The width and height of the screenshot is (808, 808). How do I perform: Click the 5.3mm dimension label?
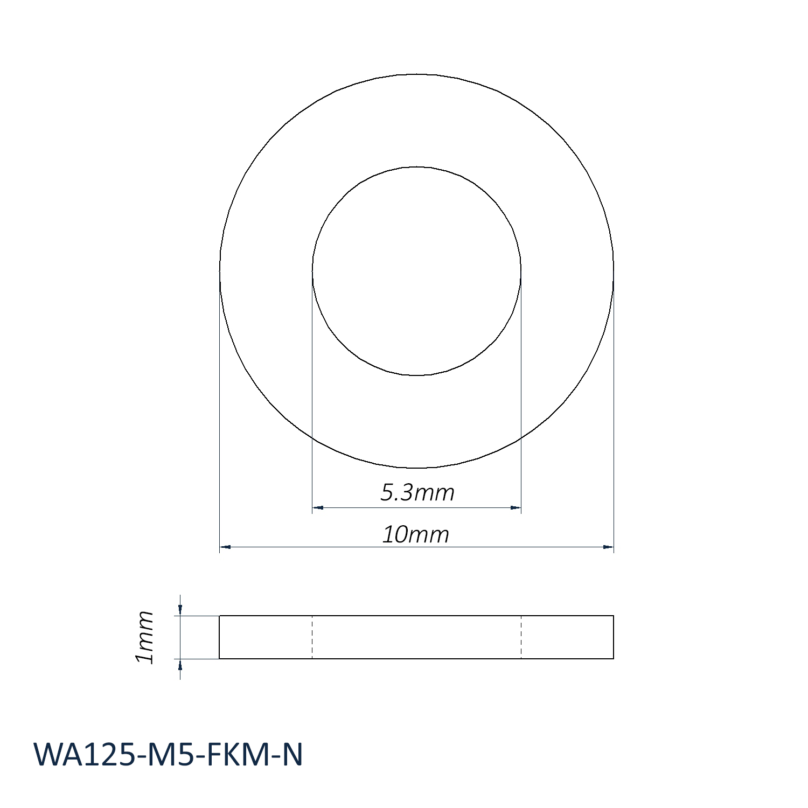417,492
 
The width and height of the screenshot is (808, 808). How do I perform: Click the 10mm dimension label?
415,534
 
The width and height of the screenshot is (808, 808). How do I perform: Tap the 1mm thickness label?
144,637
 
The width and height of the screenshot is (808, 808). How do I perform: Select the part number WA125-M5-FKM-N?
168,755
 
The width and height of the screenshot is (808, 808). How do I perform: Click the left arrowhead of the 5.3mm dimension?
318,507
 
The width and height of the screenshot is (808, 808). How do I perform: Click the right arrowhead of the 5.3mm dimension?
516,507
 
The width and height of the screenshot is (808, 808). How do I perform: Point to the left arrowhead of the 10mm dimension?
225,547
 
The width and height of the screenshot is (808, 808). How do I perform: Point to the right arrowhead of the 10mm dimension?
608,547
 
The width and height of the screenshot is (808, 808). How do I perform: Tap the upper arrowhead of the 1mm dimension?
180,610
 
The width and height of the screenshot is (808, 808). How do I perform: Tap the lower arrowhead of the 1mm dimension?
180,664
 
